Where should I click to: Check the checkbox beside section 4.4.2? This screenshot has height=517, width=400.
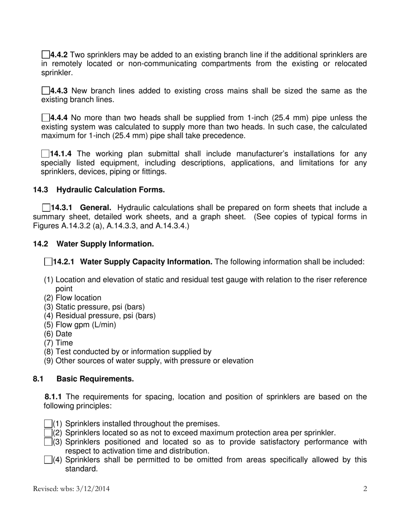click(x=45, y=55)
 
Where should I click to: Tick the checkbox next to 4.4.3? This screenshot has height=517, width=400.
click(x=45, y=91)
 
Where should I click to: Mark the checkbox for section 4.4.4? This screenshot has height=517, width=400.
click(x=45, y=118)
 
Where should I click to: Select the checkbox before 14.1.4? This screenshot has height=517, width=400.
click(x=45, y=154)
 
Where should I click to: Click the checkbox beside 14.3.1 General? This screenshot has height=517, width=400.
click(x=46, y=208)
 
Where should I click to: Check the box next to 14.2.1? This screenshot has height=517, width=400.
click(x=48, y=262)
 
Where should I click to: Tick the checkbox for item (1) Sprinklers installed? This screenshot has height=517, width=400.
click(x=48, y=424)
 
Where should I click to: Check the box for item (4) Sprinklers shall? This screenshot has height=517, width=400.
click(x=48, y=460)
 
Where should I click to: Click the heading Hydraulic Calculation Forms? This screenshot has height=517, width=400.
click(x=110, y=190)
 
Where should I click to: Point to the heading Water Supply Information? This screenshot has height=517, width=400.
click(x=105, y=244)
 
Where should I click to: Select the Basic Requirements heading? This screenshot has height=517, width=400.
click(x=95, y=379)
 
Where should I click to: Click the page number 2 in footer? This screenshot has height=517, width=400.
click(x=365, y=488)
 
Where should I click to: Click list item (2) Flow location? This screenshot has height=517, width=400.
click(x=72, y=298)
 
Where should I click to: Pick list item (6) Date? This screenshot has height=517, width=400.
click(x=58, y=334)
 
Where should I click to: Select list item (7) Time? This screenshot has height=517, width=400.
click(x=59, y=343)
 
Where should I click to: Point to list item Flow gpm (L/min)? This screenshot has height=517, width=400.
click(x=80, y=324)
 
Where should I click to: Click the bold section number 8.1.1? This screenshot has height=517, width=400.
click(x=53, y=397)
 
